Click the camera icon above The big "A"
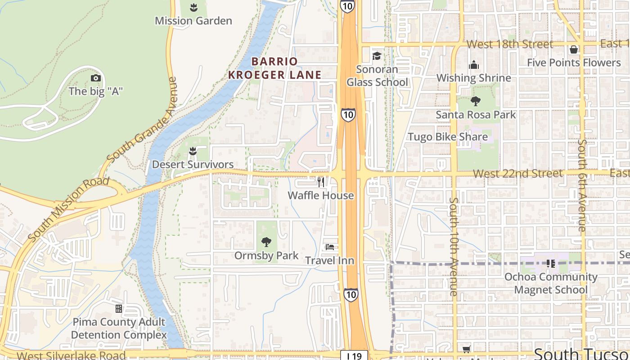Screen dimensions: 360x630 [95, 78]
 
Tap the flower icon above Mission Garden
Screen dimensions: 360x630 [193, 7]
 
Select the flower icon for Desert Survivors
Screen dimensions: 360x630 [193, 151]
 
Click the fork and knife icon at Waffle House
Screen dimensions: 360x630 [320, 182]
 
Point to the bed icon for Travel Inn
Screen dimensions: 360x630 [330, 247]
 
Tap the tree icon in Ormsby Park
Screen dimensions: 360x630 [266, 242]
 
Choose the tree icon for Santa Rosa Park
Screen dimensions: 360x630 [476, 101]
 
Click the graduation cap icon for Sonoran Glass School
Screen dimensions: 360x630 [376, 56]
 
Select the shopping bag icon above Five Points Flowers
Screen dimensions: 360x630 [574, 49]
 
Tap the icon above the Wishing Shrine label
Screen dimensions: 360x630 [473, 65]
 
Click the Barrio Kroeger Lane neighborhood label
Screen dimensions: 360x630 [274, 68]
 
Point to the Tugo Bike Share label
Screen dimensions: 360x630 [447, 137]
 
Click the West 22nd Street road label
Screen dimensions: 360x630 [517, 174]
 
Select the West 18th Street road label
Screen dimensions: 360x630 [509, 44]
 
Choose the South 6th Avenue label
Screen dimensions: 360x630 [582, 185]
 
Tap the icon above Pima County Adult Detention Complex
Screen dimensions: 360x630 [119, 309]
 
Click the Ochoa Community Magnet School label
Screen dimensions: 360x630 [551, 283]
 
